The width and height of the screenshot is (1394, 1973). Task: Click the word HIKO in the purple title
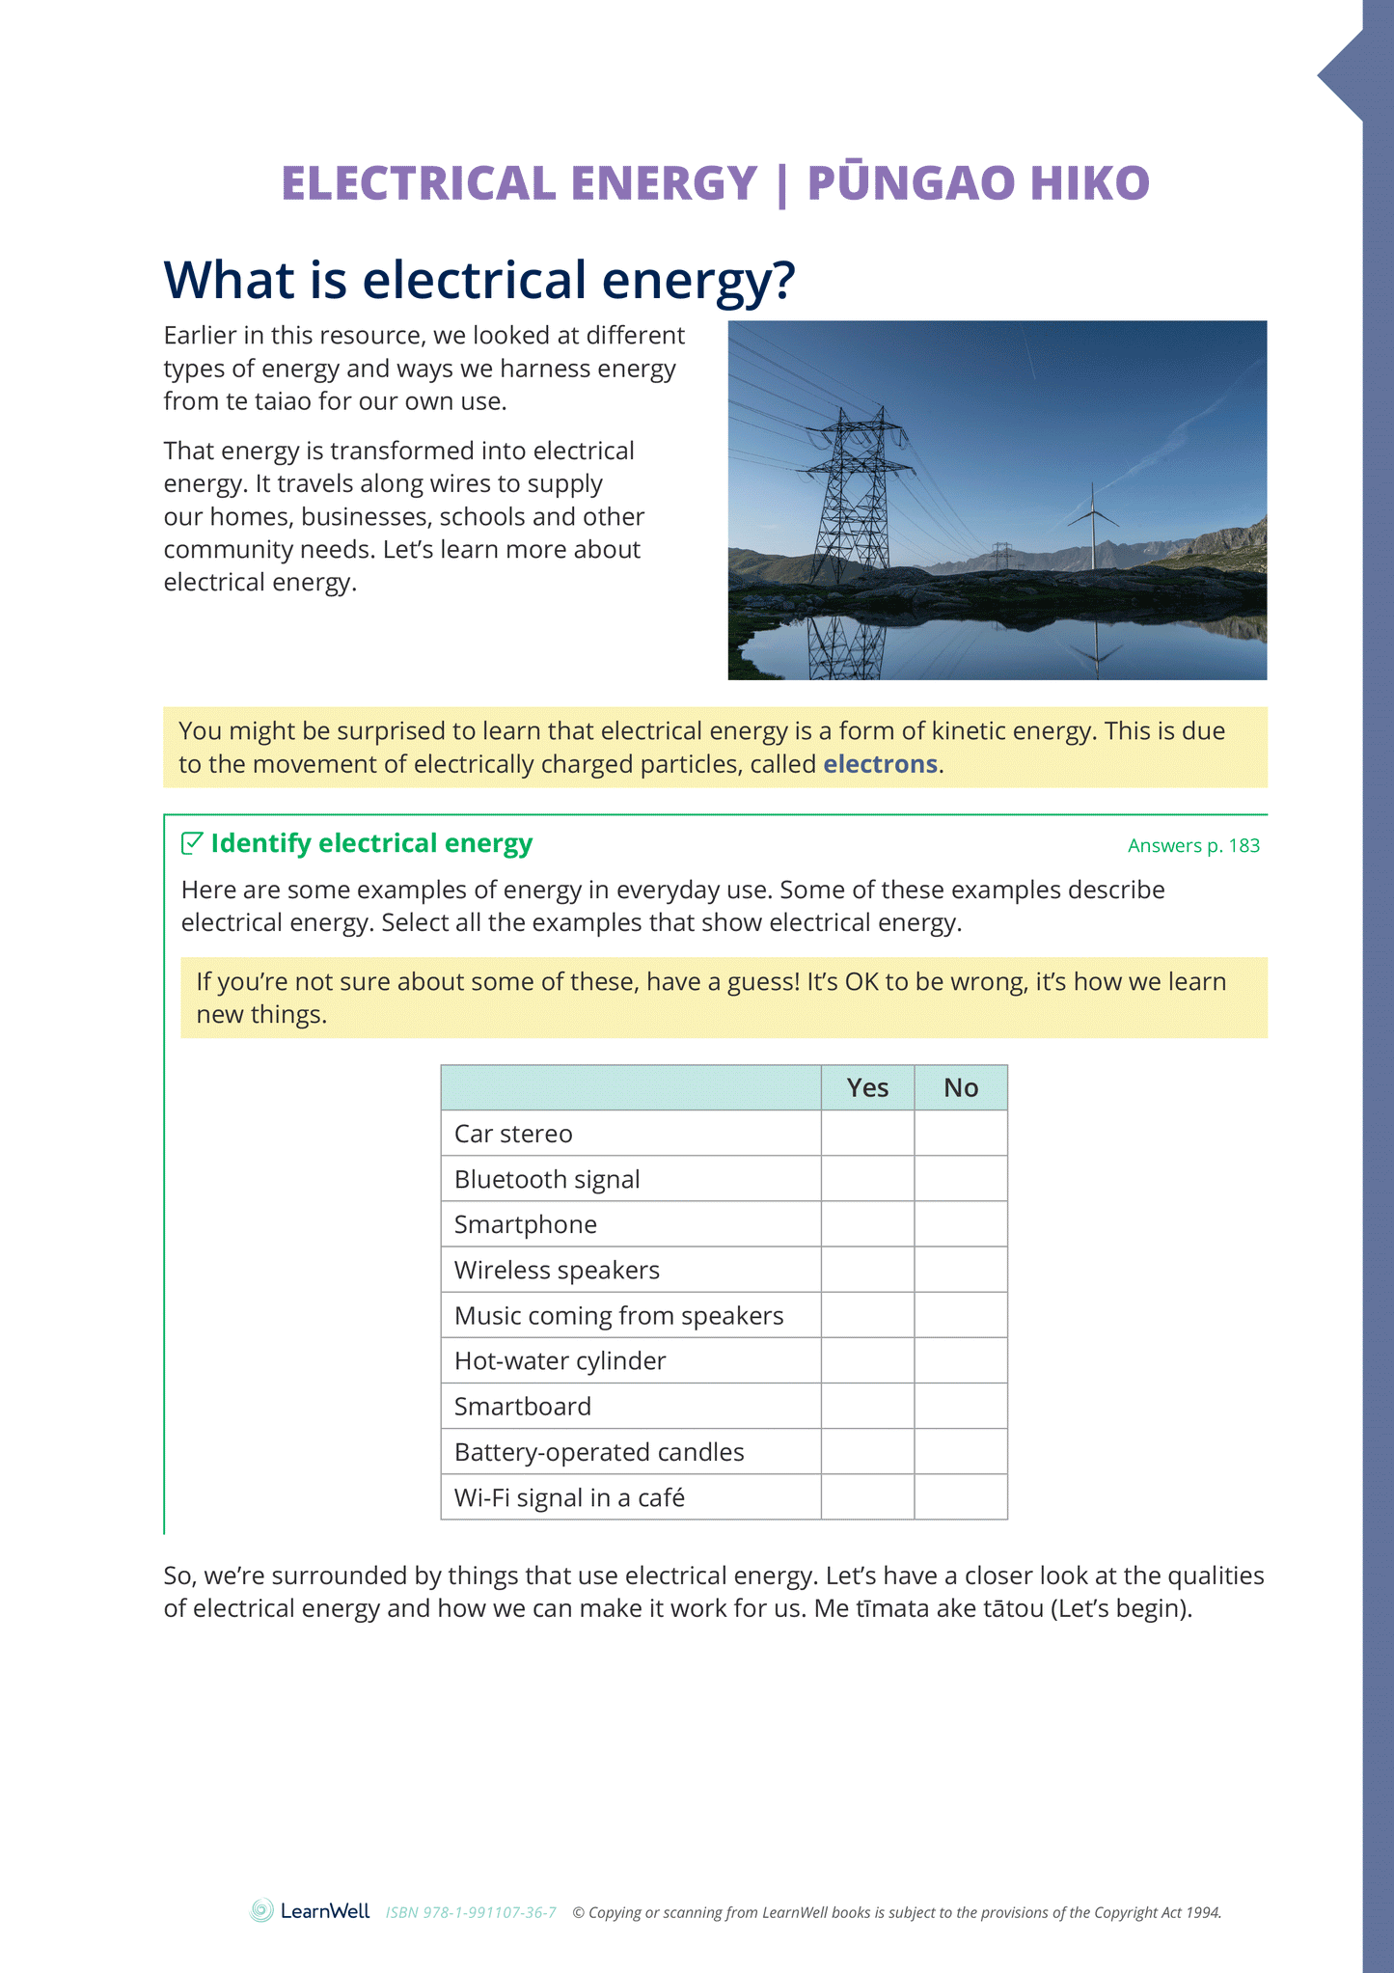point(1089,183)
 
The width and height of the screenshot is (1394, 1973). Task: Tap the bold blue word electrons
point(880,764)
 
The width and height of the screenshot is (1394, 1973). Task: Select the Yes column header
point(867,1088)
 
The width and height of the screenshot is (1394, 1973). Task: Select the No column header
point(961,1088)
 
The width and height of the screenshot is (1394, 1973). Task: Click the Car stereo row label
point(513,1134)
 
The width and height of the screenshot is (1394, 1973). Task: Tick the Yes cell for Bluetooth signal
point(867,1179)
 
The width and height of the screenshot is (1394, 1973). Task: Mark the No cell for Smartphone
point(961,1224)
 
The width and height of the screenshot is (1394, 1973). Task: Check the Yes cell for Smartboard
point(867,1407)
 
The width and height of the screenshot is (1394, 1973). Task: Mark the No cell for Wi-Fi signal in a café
point(961,1497)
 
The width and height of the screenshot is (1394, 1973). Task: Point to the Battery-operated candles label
point(599,1452)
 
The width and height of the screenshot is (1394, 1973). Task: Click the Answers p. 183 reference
point(1193,846)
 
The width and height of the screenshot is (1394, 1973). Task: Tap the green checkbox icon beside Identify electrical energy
point(192,843)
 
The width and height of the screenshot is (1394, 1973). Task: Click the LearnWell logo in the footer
point(310,1911)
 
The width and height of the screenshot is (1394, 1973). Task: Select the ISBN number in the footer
point(471,1913)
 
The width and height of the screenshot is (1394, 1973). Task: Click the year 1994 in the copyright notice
point(1203,1913)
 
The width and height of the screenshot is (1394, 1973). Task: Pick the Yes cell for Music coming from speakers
point(867,1316)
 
